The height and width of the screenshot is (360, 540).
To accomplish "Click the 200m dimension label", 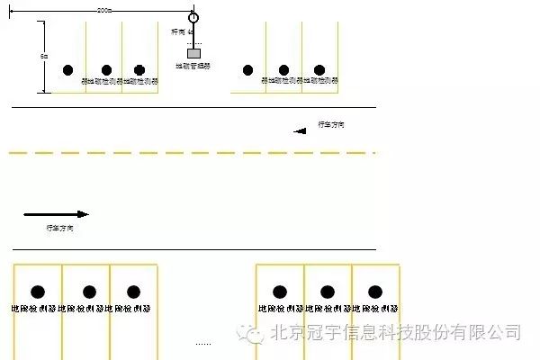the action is pyautogui.click(x=103, y=10).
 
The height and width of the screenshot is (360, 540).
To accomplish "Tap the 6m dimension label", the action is pyautogui.click(x=45, y=56).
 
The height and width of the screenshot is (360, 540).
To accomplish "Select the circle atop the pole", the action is pyautogui.click(x=193, y=17).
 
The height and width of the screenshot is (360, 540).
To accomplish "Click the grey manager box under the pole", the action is pyautogui.click(x=193, y=53).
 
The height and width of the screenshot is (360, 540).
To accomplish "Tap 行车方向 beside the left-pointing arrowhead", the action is pyautogui.click(x=330, y=124).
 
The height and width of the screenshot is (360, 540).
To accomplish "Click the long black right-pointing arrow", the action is pyautogui.click(x=56, y=214).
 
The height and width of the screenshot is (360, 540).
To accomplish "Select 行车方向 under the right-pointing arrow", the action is pyautogui.click(x=59, y=229).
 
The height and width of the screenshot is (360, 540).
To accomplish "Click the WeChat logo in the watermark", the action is pyautogui.click(x=251, y=333).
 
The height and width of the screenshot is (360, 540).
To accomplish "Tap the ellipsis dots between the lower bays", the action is pyautogui.click(x=203, y=342).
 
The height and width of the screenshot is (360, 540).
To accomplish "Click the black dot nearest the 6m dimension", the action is pyautogui.click(x=67, y=70).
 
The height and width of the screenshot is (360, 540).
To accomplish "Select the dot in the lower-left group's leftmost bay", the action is pyautogui.click(x=38, y=292).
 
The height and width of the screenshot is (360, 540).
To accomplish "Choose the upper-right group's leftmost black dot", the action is pyautogui.click(x=248, y=69).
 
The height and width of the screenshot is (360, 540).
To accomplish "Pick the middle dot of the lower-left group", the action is pyautogui.click(x=89, y=292).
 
